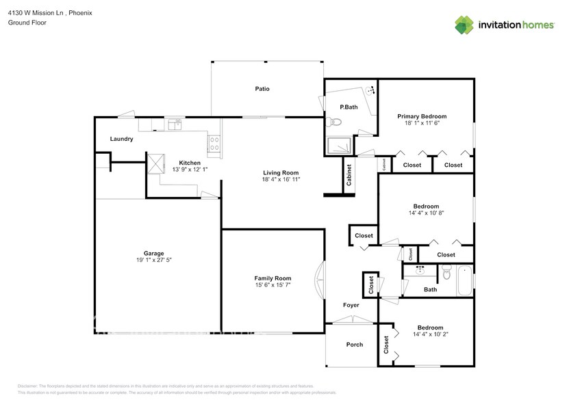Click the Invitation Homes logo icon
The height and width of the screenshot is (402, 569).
click(465, 25)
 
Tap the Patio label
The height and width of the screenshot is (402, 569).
click(262, 89)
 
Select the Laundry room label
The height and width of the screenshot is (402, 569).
click(121, 139)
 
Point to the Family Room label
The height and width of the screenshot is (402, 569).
click(273, 278)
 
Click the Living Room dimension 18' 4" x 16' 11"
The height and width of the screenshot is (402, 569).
click(281, 180)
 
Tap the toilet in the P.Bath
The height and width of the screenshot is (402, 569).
click(333, 122)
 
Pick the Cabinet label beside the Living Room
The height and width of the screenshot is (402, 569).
click(349, 175)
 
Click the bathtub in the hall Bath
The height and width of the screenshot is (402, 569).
click(464, 280)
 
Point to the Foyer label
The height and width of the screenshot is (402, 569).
click(351, 305)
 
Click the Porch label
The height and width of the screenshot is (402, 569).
click(354, 345)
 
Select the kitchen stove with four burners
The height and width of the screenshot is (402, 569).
click(214, 144)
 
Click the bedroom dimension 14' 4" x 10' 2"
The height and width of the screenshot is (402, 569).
click(425, 335)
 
